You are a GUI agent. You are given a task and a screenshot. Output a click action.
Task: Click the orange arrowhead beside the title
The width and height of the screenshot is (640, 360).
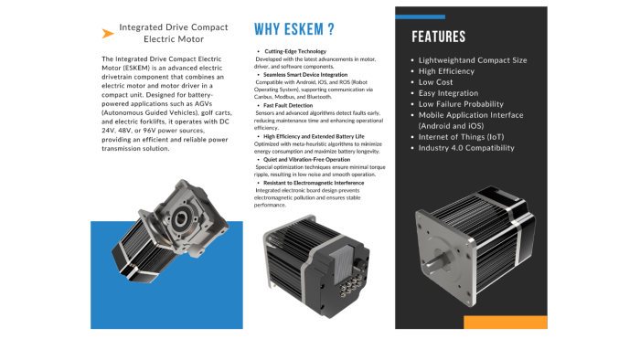pyautogui.click(x=107, y=34)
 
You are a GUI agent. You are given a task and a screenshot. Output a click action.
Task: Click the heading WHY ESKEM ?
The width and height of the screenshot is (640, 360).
pyautogui.click(x=293, y=29)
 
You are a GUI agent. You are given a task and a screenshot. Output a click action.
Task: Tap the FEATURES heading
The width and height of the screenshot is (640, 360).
pyautogui.click(x=438, y=37)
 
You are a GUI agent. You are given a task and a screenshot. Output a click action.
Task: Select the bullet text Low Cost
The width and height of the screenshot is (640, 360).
pyautogui.click(x=435, y=82)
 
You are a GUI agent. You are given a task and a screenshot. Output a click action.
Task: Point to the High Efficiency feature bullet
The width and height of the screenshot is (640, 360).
pyautogui.click(x=446, y=71)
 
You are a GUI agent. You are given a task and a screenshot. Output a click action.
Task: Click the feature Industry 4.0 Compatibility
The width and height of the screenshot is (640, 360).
pyautogui.click(x=466, y=148)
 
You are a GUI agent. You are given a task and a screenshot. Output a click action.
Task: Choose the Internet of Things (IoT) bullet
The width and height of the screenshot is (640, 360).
pyautogui.click(x=461, y=137)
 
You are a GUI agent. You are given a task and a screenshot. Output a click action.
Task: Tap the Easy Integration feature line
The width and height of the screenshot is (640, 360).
pyautogui.click(x=448, y=93)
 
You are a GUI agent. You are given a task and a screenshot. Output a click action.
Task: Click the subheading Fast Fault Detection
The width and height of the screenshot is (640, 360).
pyautogui.click(x=288, y=105)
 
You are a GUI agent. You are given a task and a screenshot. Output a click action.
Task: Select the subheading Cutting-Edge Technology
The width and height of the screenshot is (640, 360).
pyautogui.click(x=295, y=51)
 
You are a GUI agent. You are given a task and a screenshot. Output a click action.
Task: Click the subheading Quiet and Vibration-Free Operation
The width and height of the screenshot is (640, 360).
pyautogui.click(x=306, y=159)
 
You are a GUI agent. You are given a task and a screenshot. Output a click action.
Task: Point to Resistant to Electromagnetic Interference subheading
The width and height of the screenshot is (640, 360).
pyautogui.click(x=314, y=183)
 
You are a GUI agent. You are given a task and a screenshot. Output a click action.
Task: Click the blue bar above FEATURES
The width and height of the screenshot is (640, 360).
pyautogui.click(x=420, y=16)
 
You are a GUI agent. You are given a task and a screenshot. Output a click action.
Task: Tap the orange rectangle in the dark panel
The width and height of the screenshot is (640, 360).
pyautogui.click(x=506, y=323)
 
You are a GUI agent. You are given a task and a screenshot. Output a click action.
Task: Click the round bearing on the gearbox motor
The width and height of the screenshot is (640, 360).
pyautogui.click(x=181, y=219)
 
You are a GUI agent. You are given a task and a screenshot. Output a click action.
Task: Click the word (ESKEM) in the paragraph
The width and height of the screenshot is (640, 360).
pyautogui.click(x=136, y=69)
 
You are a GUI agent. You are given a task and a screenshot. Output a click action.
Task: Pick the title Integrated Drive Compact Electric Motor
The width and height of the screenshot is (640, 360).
pyautogui.click(x=174, y=33)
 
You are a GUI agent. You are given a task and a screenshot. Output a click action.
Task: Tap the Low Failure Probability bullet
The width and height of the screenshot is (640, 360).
pyautogui.click(x=461, y=104)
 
